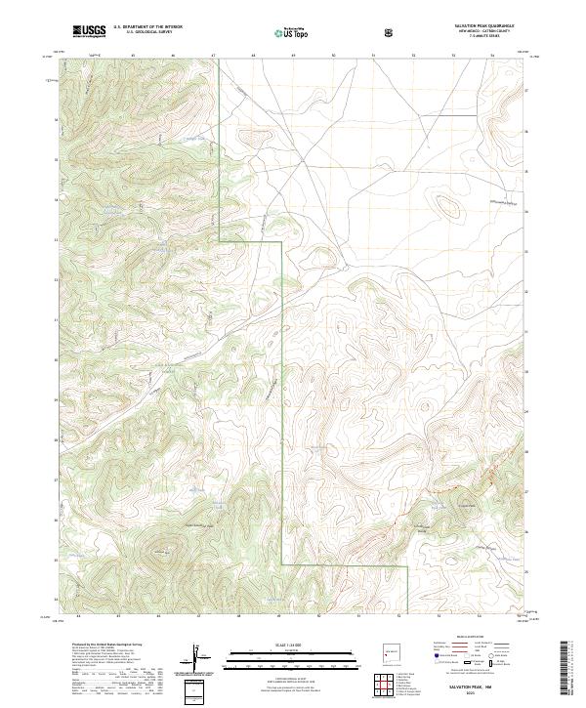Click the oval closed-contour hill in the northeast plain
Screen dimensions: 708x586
448,205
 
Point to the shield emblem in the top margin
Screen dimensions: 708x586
391,32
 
